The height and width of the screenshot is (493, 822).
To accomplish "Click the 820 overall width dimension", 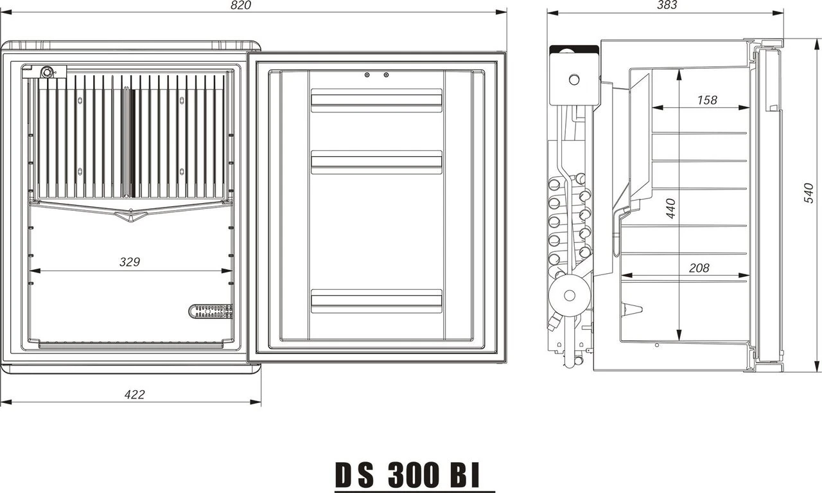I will [240, 5].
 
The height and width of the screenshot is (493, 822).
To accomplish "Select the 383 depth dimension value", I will [667, 5].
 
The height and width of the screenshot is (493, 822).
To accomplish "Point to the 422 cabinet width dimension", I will [134, 395].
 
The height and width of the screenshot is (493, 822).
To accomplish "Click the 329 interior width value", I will [130, 262].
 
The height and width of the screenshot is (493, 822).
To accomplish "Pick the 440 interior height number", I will [670, 209].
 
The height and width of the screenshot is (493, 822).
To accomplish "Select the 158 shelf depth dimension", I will [706, 100].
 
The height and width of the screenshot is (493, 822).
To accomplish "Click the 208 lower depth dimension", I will [699, 268].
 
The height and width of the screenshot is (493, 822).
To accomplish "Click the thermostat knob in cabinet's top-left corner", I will [47, 72].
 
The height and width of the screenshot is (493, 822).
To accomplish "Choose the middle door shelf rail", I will [376, 162].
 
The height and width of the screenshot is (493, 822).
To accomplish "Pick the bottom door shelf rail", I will [376, 301].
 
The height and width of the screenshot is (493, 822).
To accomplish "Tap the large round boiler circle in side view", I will [569, 296].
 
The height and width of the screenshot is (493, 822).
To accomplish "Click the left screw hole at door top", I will [367, 75].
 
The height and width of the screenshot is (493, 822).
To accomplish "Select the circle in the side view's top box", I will [573, 80].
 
